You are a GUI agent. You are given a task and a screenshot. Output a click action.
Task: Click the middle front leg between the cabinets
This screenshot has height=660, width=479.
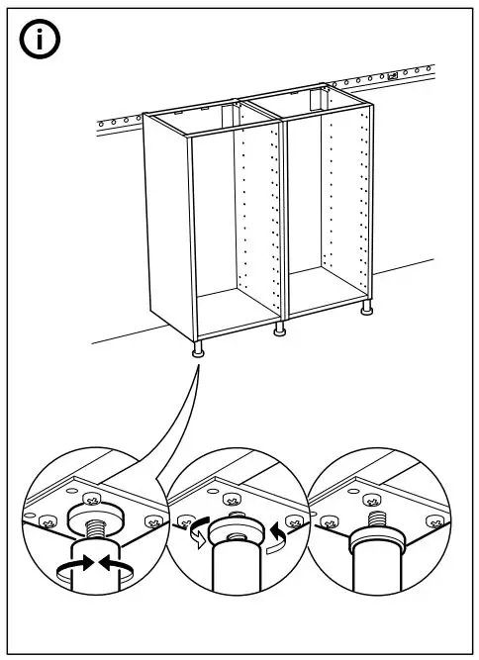click(280, 328)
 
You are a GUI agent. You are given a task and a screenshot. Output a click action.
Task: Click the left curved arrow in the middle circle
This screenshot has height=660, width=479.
click(196, 533)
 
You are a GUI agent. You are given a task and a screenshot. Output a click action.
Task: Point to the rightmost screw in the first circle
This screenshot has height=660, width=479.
click(150, 519)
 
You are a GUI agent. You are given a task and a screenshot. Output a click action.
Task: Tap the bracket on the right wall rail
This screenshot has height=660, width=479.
click(392, 75)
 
